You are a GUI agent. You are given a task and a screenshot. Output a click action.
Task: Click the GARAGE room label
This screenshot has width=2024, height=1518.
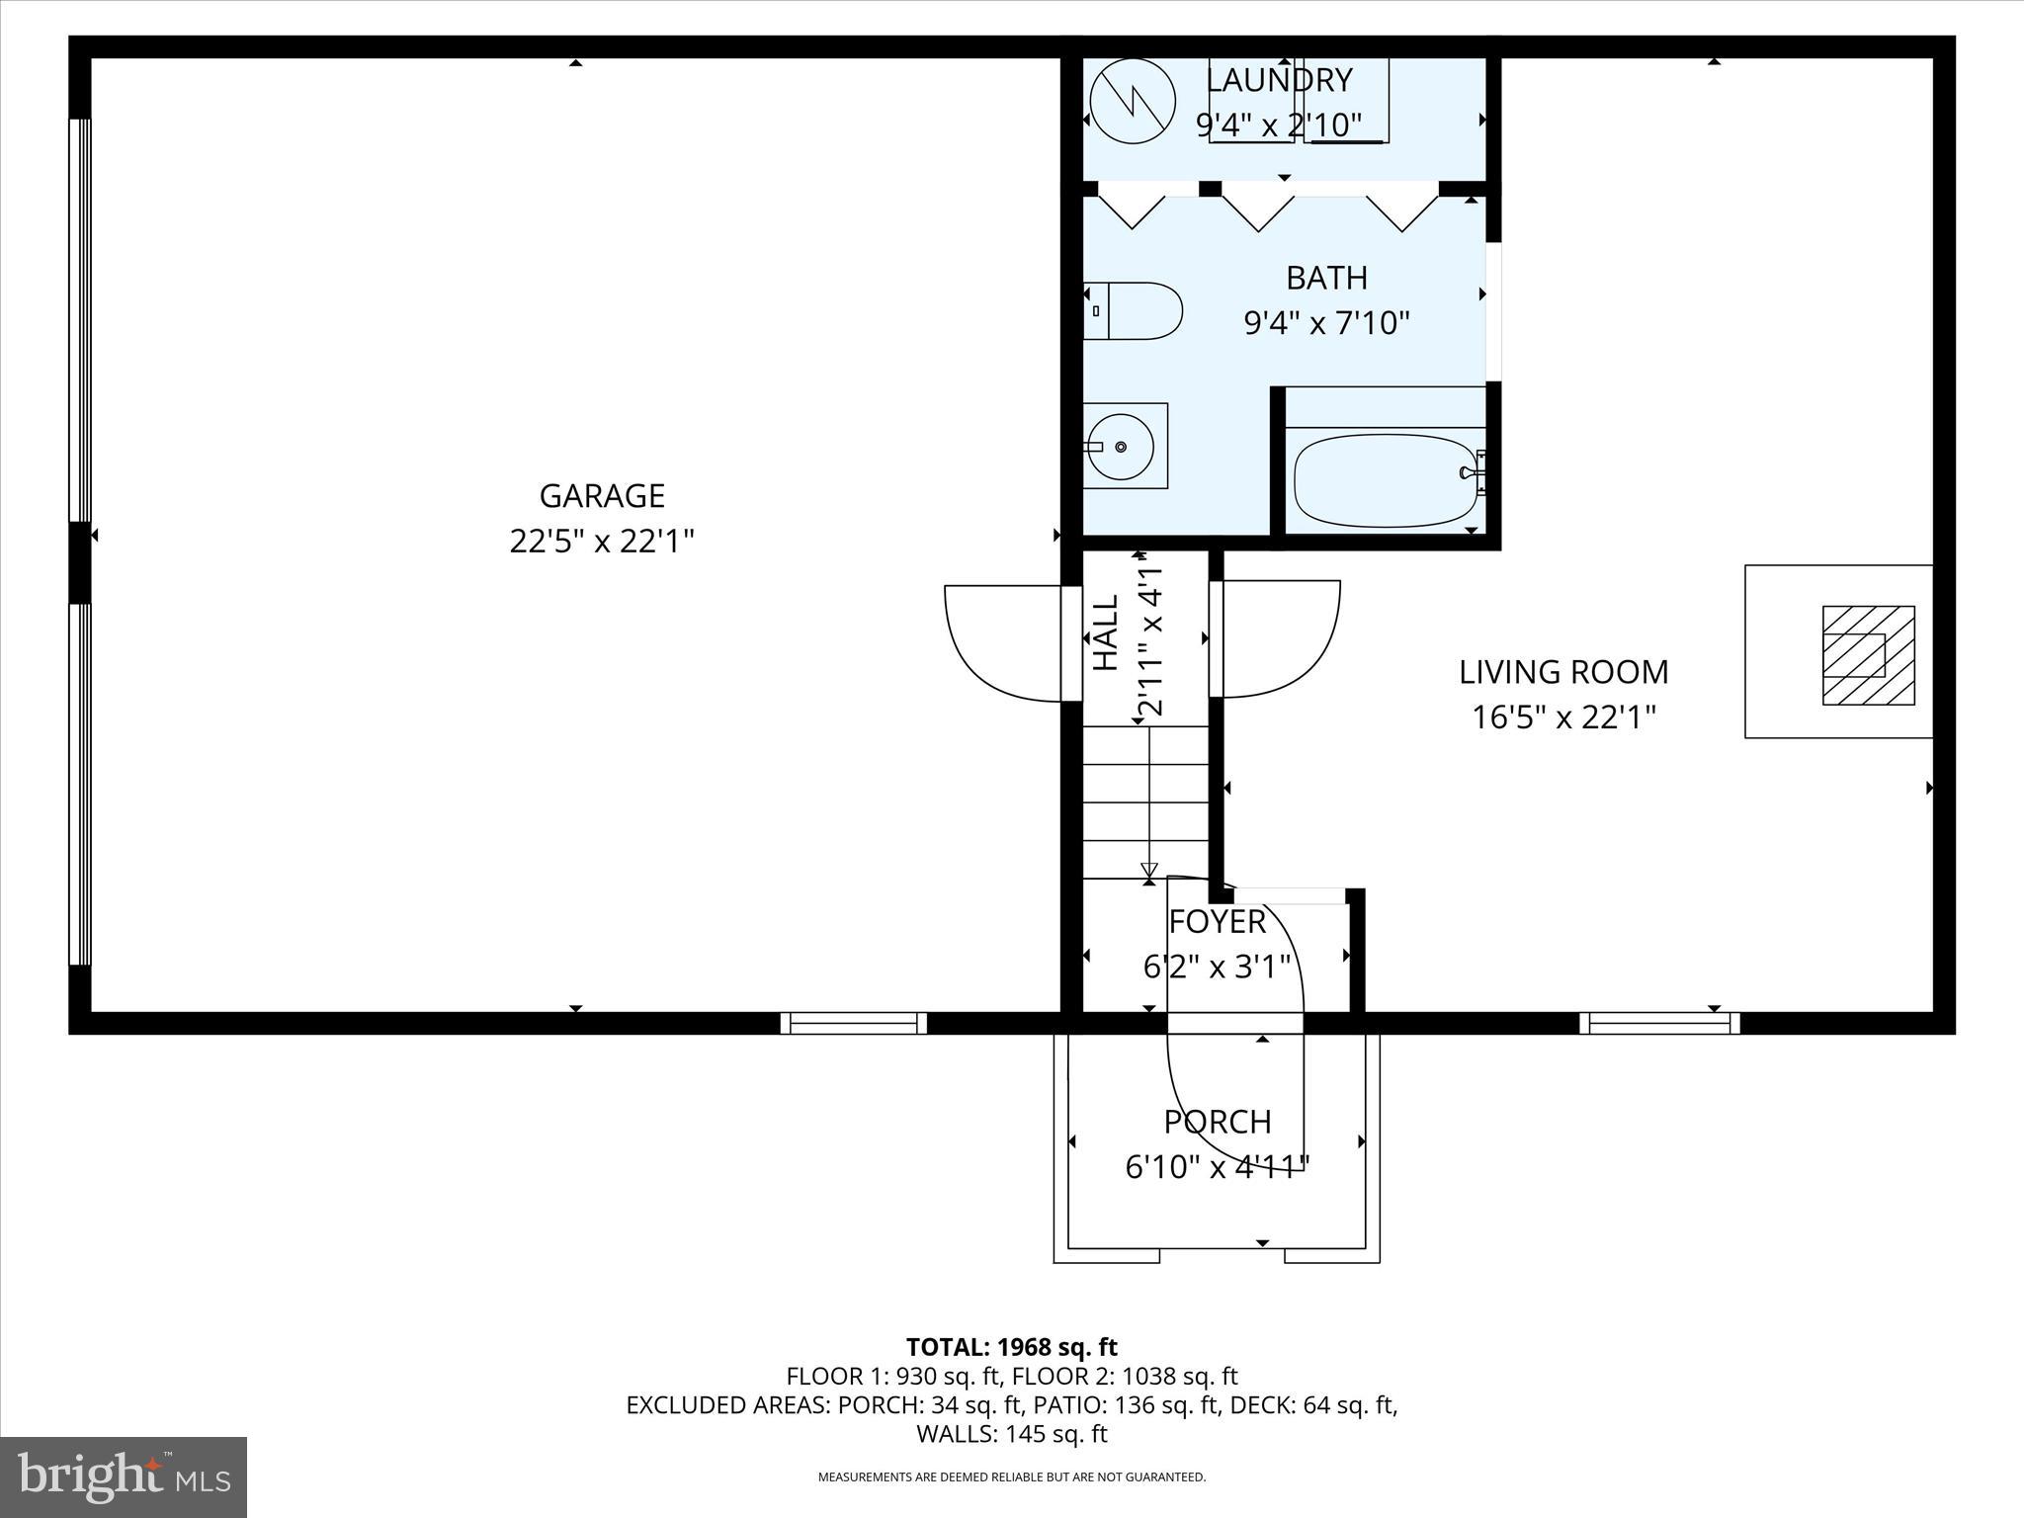(x=601, y=495)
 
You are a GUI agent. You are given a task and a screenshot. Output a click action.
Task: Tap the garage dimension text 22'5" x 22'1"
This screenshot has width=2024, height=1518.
(x=601, y=542)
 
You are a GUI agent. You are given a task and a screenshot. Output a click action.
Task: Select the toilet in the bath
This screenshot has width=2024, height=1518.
(x=1135, y=310)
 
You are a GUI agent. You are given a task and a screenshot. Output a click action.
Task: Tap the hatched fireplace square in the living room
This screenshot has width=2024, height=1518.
(x=1868, y=655)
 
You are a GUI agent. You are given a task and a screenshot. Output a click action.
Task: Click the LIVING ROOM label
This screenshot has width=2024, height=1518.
(x=1563, y=672)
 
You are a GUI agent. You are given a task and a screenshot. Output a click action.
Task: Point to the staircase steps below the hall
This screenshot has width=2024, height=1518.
(x=1146, y=802)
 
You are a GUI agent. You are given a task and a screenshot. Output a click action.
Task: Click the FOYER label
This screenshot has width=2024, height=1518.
(x=1217, y=921)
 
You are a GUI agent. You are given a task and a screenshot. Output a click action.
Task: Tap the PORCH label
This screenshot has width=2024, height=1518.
(x=1217, y=1122)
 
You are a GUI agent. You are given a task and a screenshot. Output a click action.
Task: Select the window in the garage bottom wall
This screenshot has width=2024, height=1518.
(x=854, y=1024)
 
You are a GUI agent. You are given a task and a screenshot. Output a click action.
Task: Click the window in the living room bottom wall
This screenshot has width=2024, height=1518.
(x=1659, y=1024)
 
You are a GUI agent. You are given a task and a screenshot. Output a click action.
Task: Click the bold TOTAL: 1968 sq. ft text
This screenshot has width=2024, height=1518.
(x=1011, y=1347)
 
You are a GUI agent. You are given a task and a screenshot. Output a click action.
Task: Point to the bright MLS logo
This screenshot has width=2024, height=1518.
(x=124, y=1476)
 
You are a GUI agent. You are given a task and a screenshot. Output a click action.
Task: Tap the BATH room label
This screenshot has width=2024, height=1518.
(x=1326, y=278)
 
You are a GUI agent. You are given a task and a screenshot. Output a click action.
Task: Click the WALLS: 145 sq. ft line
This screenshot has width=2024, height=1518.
(x=1011, y=1434)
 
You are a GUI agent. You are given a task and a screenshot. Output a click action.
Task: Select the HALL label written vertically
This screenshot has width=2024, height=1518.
(x=1106, y=632)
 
